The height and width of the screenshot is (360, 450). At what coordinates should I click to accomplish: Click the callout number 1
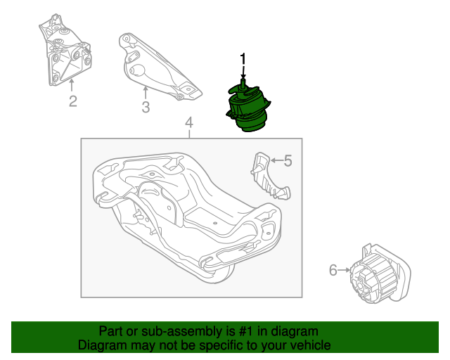click(x=243, y=58)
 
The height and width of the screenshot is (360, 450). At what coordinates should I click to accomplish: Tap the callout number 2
click(x=72, y=103)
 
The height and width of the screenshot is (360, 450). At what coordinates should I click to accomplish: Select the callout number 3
click(x=146, y=108)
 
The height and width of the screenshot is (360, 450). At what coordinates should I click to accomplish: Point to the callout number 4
click(x=188, y=124)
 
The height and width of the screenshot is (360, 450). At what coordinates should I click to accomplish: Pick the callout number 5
click(x=287, y=161)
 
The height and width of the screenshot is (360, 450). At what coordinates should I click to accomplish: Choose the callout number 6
click(x=333, y=269)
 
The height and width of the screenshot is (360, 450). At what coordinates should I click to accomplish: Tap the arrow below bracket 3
click(x=145, y=91)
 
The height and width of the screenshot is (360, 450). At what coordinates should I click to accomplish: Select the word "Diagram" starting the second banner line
click(x=103, y=345)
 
